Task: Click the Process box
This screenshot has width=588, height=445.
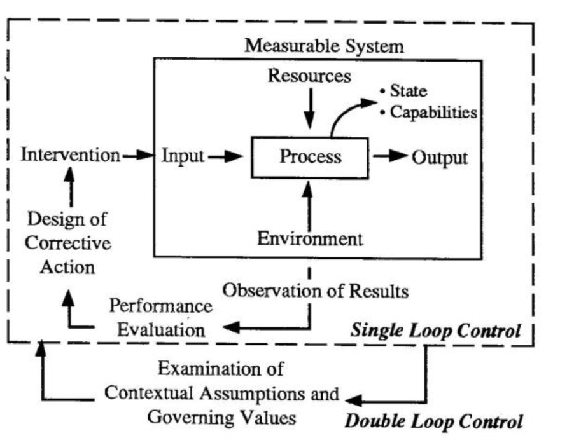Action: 310,157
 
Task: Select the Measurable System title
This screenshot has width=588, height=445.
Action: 325,46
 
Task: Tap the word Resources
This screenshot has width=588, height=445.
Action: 309,76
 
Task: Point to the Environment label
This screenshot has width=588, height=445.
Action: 310,239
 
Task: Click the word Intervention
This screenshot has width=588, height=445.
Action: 70,156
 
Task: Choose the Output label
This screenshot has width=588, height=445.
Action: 440,157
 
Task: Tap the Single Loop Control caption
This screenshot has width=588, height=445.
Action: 436,331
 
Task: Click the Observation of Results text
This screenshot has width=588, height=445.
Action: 315,292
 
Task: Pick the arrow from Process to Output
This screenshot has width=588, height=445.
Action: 389,157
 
